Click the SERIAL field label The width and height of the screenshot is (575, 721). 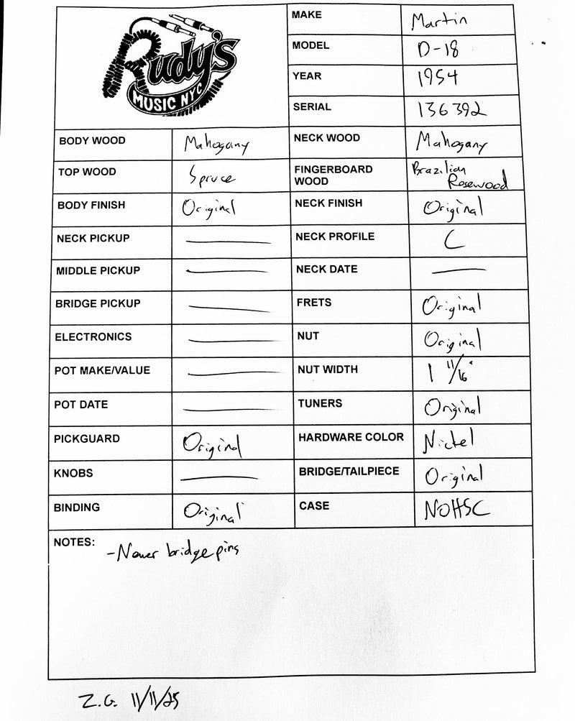point(312,107)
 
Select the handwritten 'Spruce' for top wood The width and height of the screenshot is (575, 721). point(211,175)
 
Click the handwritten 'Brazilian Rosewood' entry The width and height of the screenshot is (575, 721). point(459,175)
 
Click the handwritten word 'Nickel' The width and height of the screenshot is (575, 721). point(450,439)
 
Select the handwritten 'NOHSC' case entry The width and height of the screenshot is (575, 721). point(456,510)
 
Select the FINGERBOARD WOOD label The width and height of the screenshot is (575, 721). point(333,175)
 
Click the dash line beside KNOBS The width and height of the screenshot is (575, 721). point(218,477)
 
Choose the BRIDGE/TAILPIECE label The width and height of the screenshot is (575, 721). point(349,472)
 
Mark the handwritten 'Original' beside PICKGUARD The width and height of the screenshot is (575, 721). point(212,444)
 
